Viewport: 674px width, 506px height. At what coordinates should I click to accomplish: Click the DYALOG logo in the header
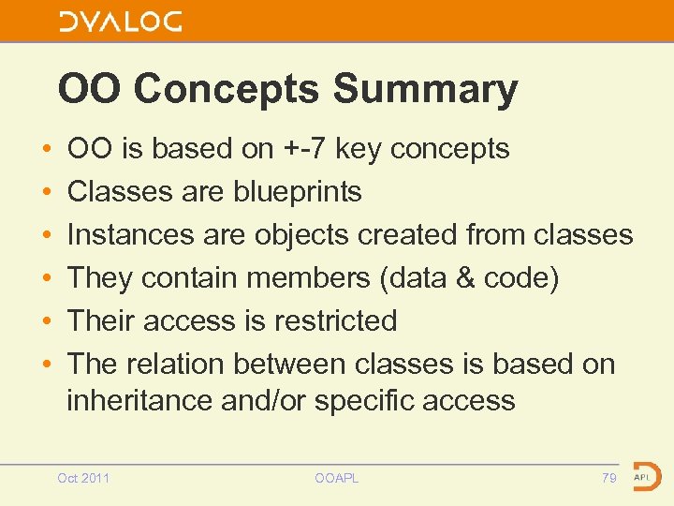121,22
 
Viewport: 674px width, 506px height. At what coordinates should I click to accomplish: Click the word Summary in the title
425,89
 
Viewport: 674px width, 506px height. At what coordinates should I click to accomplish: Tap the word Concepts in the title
227,89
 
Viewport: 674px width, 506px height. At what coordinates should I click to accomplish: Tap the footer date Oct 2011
83,478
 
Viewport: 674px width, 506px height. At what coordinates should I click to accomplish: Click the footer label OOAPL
337,478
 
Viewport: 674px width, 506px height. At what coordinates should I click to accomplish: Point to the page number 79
608,478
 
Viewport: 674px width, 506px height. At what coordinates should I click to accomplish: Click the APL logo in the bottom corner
646,476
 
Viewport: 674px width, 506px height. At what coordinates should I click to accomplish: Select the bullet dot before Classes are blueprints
46,192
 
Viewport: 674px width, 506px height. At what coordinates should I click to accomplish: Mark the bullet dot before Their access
46,321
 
